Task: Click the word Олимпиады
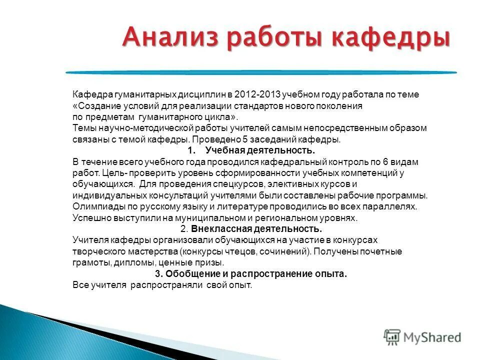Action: [x=94, y=206]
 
